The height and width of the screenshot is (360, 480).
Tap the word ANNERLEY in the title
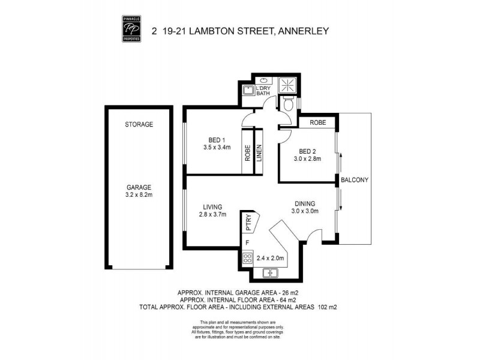(x=303, y=29)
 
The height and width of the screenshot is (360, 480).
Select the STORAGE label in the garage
(x=139, y=125)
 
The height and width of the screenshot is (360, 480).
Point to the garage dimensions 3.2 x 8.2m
(x=139, y=195)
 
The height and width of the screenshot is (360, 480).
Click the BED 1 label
(x=212, y=139)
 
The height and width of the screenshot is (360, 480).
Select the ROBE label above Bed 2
(x=317, y=122)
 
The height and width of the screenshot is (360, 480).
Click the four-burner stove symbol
(x=247, y=259)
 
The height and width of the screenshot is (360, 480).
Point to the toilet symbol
(x=289, y=105)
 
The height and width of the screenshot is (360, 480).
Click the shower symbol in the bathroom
(x=287, y=85)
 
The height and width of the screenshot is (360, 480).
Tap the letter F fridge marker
(x=247, y=243)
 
